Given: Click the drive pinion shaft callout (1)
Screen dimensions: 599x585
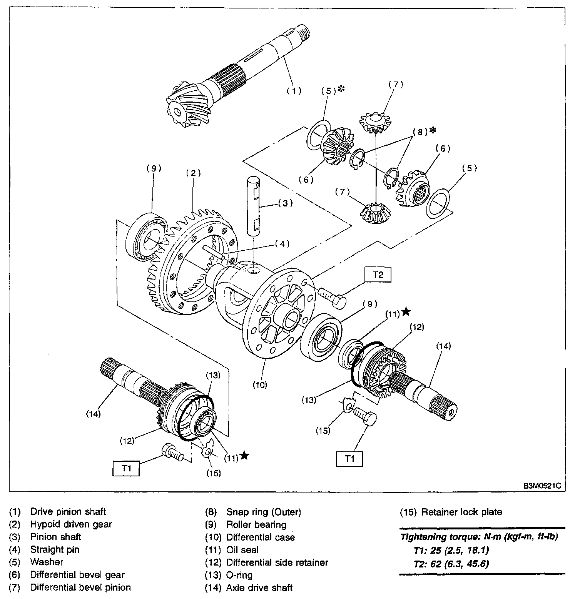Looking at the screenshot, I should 294,91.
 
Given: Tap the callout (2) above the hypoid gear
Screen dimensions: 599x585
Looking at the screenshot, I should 193,173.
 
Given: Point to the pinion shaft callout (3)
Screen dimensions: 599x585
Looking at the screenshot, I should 285,203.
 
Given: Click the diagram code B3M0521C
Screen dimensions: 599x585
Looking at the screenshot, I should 541,486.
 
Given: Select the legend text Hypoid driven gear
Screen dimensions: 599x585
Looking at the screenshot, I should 71,524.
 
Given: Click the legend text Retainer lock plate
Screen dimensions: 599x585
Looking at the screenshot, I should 461,512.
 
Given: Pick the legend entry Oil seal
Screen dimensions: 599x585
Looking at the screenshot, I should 242,550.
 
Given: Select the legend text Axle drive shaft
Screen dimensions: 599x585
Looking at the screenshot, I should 259,587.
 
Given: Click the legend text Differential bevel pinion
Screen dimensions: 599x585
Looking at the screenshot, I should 80,587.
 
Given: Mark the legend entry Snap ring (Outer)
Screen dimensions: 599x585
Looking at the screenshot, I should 263,512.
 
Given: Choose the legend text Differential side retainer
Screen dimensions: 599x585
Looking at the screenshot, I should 277,562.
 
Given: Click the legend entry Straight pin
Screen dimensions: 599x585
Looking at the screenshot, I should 54,549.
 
